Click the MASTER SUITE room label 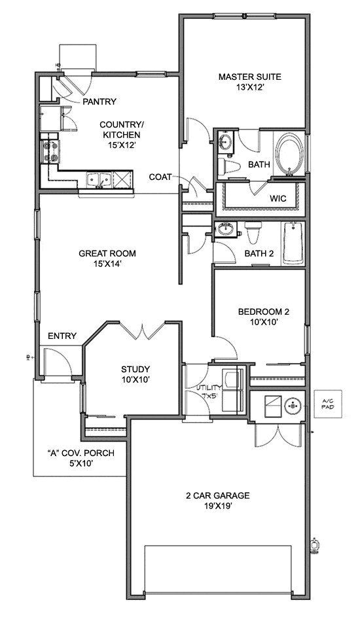tap(249, 77)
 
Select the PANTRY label tap(99, 101)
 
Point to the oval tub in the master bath tap(287, 154)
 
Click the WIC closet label tap(279, 198)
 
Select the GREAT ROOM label tap(102, 253)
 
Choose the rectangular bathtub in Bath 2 tap(293, 243)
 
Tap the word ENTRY tap(62, 336)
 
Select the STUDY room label tap(135, 368)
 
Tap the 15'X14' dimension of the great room tap(102, 264)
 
